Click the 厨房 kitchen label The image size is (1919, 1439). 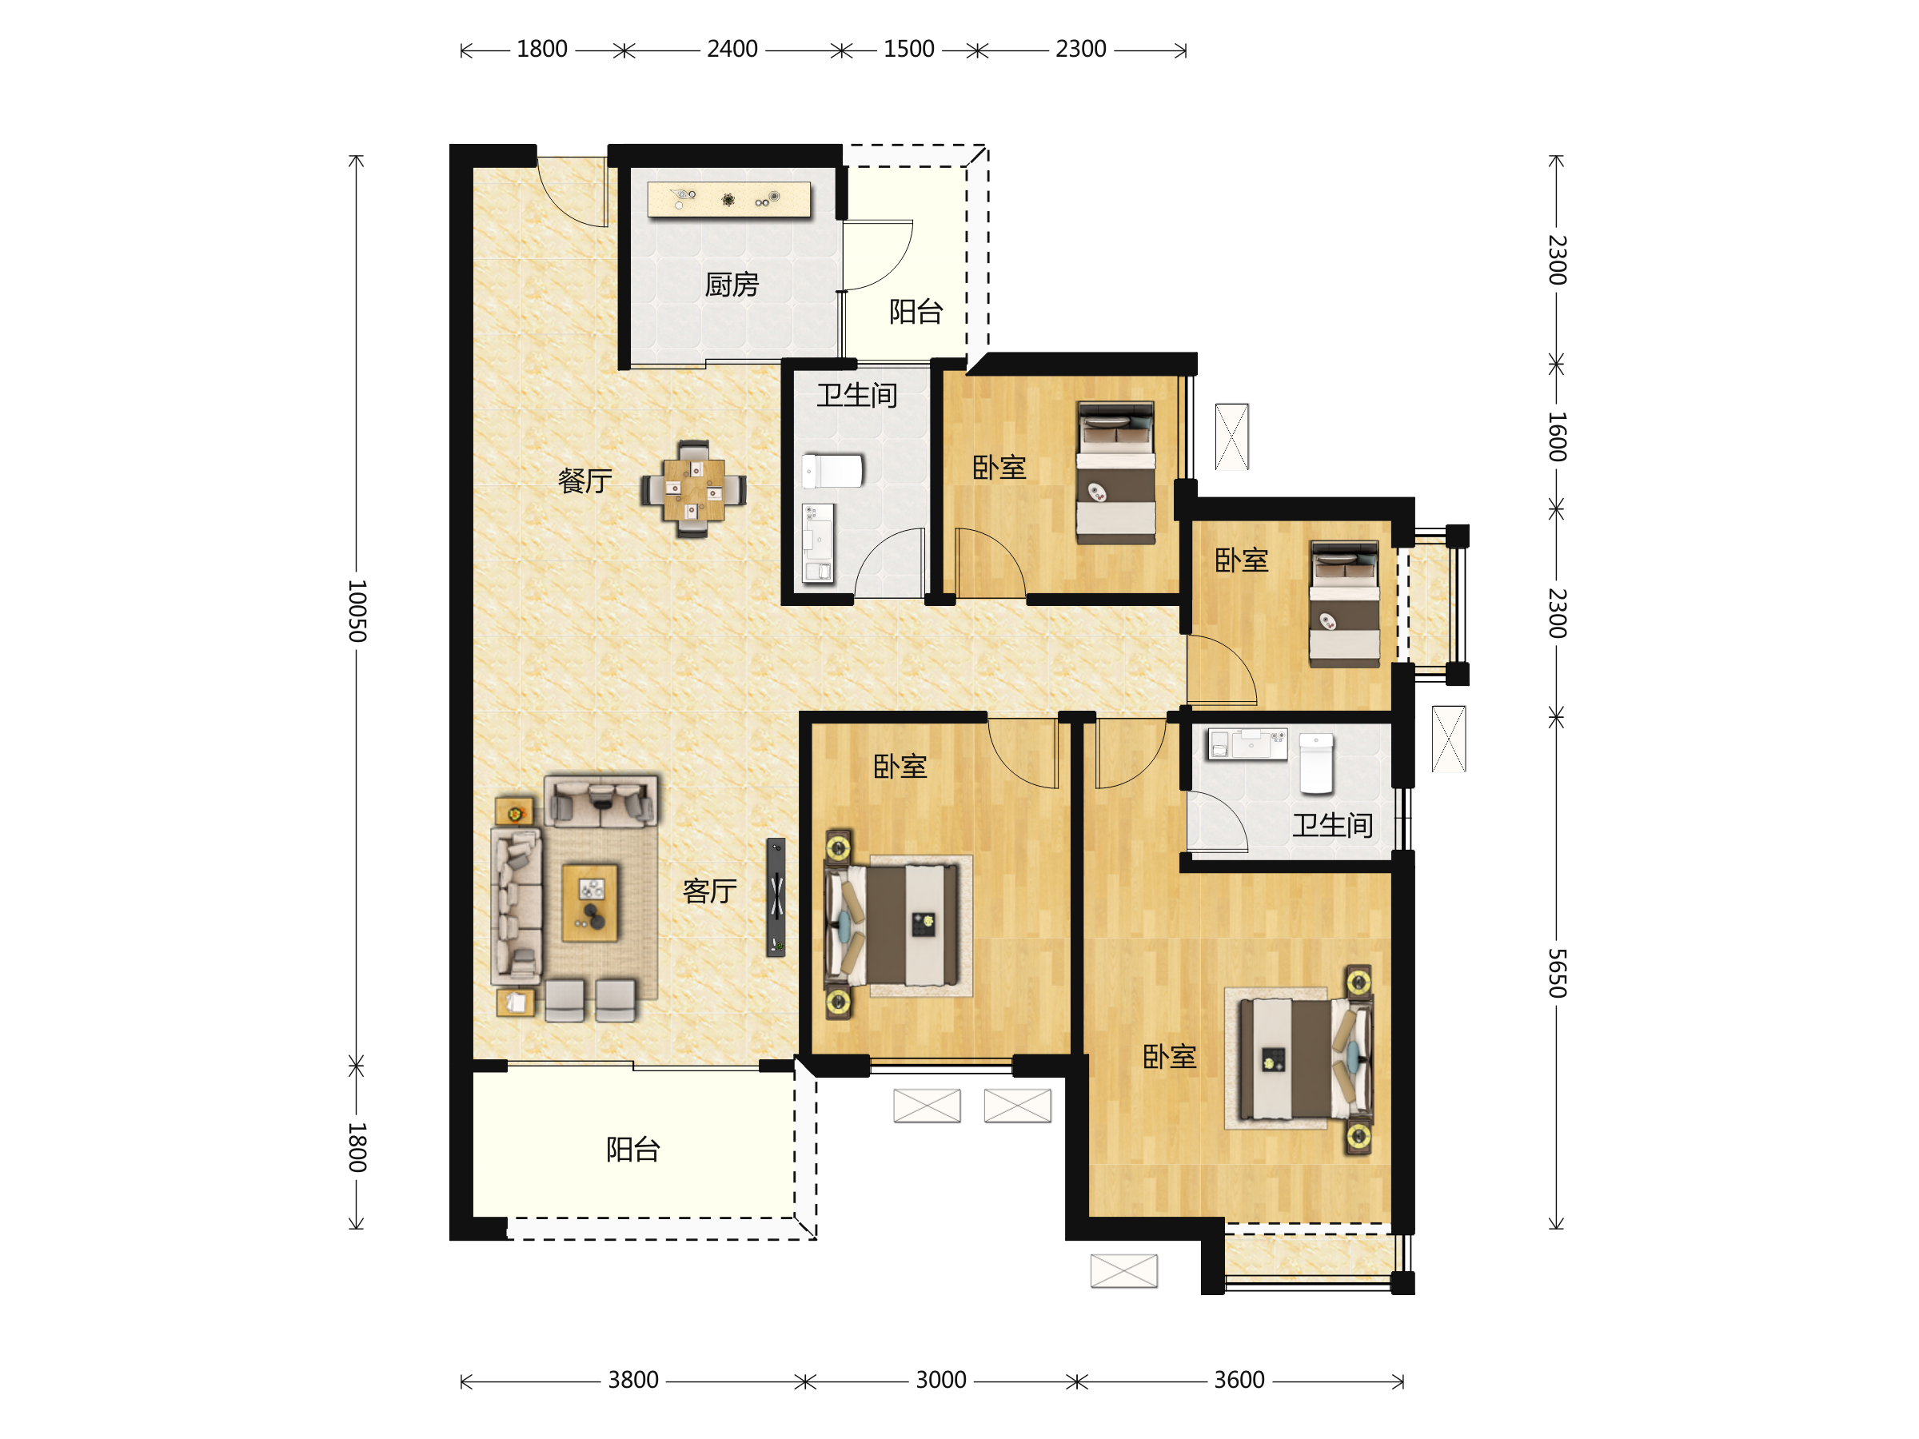732,285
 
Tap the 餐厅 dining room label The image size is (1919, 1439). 584,480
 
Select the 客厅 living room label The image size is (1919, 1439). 710,891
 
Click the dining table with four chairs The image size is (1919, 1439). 693,489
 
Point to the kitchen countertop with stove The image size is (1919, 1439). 728,200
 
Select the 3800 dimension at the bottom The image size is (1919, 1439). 633,1380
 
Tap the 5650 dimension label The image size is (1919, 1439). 1558,973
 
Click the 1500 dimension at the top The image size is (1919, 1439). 909,50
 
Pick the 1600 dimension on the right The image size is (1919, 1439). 1558,437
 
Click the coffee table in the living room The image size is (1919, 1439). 590,902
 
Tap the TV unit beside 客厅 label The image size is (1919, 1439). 776,898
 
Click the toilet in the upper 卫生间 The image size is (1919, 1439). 832,472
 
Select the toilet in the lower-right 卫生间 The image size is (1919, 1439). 1316,764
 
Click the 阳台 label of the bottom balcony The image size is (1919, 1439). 633,1150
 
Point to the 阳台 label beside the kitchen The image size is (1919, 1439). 916,312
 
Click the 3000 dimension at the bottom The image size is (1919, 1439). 941,1380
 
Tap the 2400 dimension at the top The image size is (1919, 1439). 732,50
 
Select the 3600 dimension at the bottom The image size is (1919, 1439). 1239,1380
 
